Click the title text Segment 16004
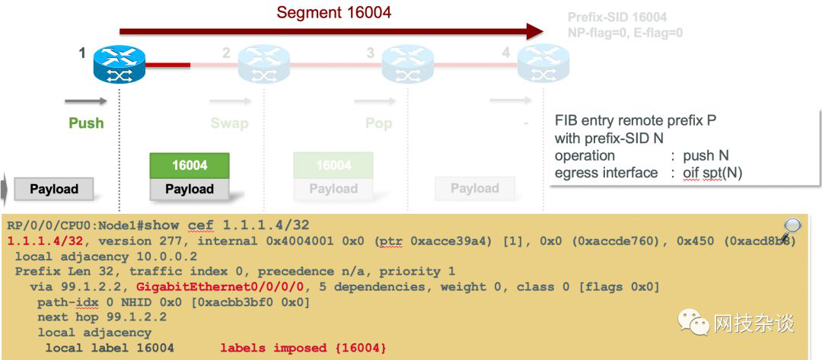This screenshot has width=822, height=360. coord(334,12)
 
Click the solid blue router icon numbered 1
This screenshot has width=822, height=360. coord(119,65)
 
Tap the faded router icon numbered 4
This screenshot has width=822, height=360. coord(543,65)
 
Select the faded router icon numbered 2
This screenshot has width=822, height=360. coord(263,65)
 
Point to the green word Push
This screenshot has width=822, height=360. coord(86,123)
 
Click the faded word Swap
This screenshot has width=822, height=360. coord(229,123)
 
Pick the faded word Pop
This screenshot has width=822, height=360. coord(378,123)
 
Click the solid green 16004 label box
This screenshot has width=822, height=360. coord(190,166)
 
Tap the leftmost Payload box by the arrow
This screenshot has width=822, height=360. coord(54,190)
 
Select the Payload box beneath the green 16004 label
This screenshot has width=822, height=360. coord(190,190)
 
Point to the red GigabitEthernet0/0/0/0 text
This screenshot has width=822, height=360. coord(220,287)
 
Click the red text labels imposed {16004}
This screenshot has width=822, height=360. coord(304,348)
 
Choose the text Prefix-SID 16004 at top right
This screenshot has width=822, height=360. coord(618,17)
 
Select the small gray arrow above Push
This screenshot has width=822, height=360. coord(85,100)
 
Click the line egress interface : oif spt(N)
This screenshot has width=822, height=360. coord(648,173)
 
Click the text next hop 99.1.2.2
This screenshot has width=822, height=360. coord(102,317)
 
